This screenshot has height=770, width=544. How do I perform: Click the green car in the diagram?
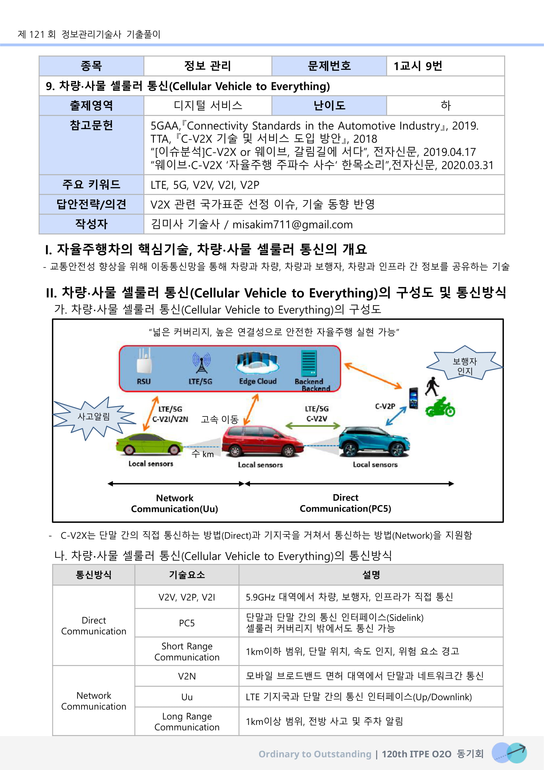[x=149, y=444]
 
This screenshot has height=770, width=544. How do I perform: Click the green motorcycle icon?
[x=440, y=407]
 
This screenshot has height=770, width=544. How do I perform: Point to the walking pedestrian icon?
[x=432, y=387]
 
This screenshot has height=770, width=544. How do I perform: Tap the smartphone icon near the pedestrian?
[x=414, y=398]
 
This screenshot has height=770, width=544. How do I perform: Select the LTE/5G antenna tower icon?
[x=201, y=363]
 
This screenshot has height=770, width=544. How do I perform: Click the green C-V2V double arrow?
[x=312, y=426]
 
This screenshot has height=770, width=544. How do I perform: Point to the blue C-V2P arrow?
[x=396, y=416]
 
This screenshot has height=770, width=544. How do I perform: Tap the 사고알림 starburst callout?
[x=94, y=416]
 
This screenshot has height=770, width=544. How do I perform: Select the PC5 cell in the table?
[x=186, y=623]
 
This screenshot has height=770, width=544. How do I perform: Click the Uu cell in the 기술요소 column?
[x=186, y=697]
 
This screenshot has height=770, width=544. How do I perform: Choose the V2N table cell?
[x=186, y=676]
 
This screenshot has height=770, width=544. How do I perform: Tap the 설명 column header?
[x=371, y=575]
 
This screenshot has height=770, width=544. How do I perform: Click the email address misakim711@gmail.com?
[x=292, y=225]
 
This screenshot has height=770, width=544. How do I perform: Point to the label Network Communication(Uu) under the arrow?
[x=175, y=503]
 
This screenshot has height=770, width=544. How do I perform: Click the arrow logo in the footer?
[x=509, y=753]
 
